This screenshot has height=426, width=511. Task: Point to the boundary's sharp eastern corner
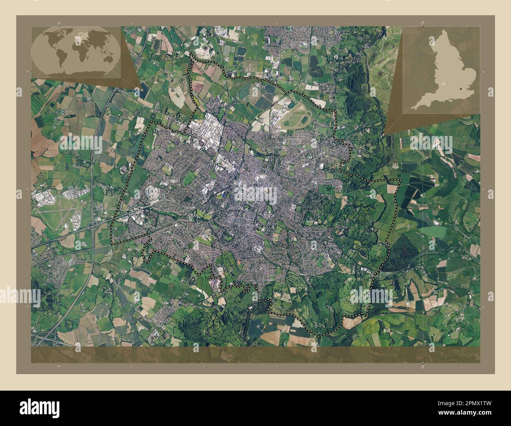pos(400,180)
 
